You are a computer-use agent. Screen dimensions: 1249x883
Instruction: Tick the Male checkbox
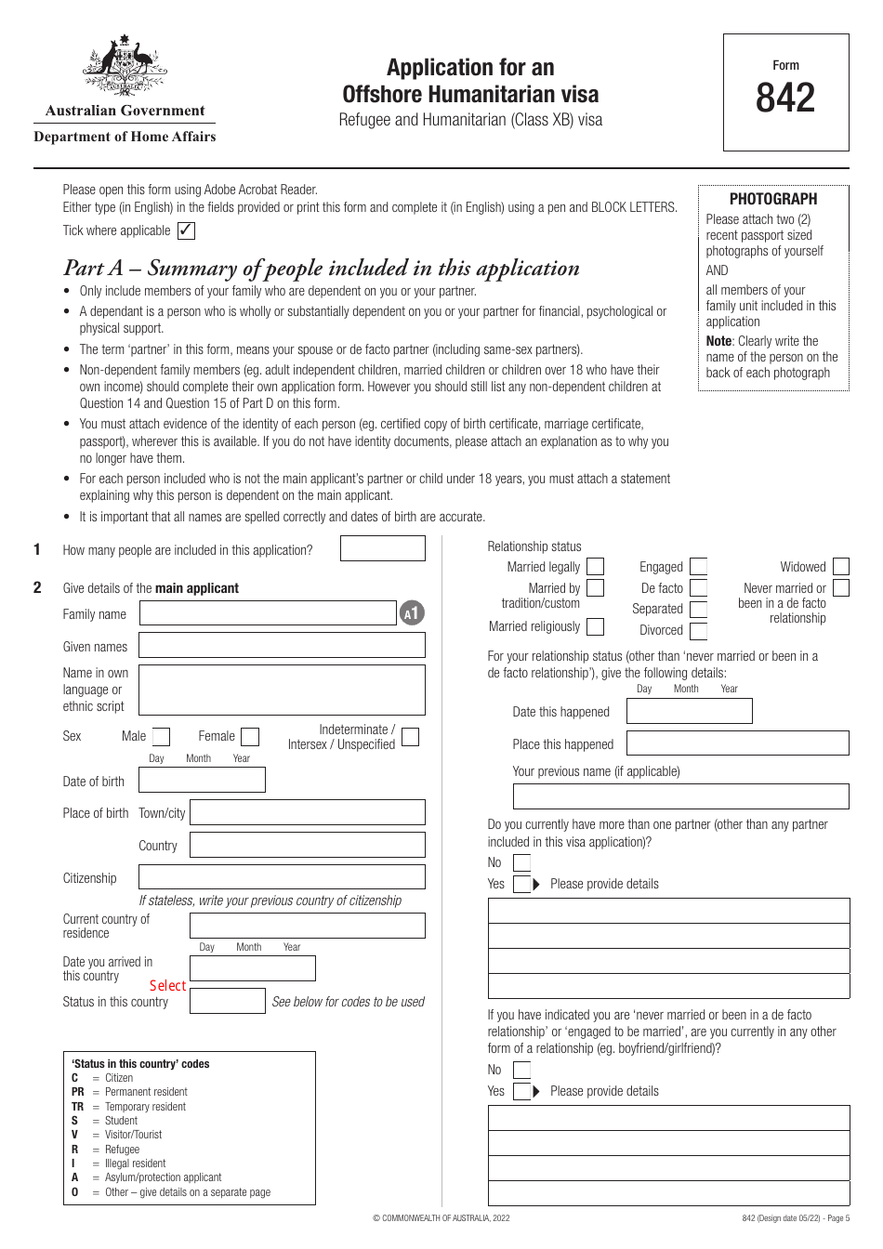(x=161, y=737)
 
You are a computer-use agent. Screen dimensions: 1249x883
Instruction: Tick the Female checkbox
(x=250, y=737)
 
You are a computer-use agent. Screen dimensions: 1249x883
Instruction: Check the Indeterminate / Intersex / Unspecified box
(x=410, y=737)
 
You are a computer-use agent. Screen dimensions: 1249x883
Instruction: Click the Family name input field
(x=268, y=613)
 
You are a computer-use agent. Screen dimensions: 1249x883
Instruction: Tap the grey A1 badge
(x=413, y=613)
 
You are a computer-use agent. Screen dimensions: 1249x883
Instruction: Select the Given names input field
(x=282, y=646)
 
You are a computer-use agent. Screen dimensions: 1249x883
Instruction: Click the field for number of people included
(x=382, y=549)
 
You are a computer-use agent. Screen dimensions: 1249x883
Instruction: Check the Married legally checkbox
(x=595, y=567)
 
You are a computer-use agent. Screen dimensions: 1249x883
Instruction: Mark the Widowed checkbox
(x=841, y=567)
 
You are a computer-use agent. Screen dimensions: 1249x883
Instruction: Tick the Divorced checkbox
(x=699, y=631)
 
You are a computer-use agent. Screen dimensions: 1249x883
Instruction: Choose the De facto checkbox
(x=699, y=588)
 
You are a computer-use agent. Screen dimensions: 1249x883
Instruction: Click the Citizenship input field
(x=282, y=877)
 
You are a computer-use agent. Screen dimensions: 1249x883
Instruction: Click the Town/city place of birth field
(x=307, y=813)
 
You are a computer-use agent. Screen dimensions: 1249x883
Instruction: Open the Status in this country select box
(x=227, y=1001)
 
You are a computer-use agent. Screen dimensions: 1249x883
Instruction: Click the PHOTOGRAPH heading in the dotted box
(x=773, y=199)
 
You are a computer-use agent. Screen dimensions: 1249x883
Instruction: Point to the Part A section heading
(x=322, y=269)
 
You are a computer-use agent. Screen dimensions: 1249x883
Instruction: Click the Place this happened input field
(x=737, y=743)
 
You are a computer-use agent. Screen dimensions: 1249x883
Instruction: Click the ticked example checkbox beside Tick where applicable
(x=186, y=230)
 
